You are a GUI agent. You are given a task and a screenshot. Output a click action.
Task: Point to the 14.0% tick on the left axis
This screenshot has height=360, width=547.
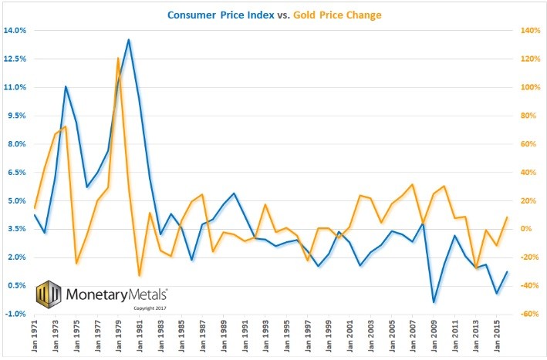15,31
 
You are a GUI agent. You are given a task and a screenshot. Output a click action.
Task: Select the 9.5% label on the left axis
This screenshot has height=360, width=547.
15,116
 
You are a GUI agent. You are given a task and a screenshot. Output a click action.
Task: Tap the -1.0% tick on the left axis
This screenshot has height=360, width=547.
15,314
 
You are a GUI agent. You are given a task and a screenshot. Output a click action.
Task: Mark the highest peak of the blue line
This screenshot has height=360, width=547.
128,39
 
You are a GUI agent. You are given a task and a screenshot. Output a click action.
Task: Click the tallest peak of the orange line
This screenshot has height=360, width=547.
118,58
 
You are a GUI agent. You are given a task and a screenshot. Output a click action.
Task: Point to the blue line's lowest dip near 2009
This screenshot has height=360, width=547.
434,302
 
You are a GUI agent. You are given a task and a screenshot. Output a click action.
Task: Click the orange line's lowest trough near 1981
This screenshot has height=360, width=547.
139,275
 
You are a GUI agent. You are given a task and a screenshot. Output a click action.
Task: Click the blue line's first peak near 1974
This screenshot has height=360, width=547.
66,86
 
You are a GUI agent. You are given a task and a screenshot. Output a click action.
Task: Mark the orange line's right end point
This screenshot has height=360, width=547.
507,217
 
